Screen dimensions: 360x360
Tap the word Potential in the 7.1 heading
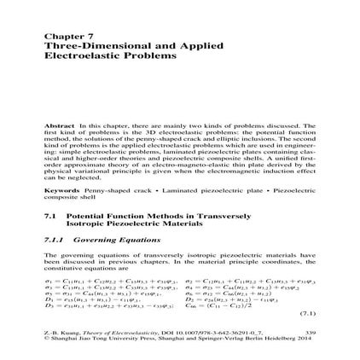[x=85, y=215]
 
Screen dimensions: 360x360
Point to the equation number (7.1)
[x=306, y=313]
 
